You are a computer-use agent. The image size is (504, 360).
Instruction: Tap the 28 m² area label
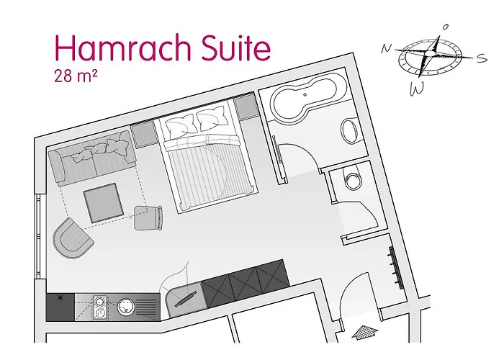pos(73,75)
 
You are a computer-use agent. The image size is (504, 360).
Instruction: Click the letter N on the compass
pos(387,48)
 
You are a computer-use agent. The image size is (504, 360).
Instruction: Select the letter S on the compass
pos(482,60)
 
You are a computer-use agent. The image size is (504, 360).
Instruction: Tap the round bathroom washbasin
pos(350,132)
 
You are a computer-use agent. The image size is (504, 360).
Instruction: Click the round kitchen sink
pos(125,307)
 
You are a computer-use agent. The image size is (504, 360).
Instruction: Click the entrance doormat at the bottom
pos(366,332)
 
